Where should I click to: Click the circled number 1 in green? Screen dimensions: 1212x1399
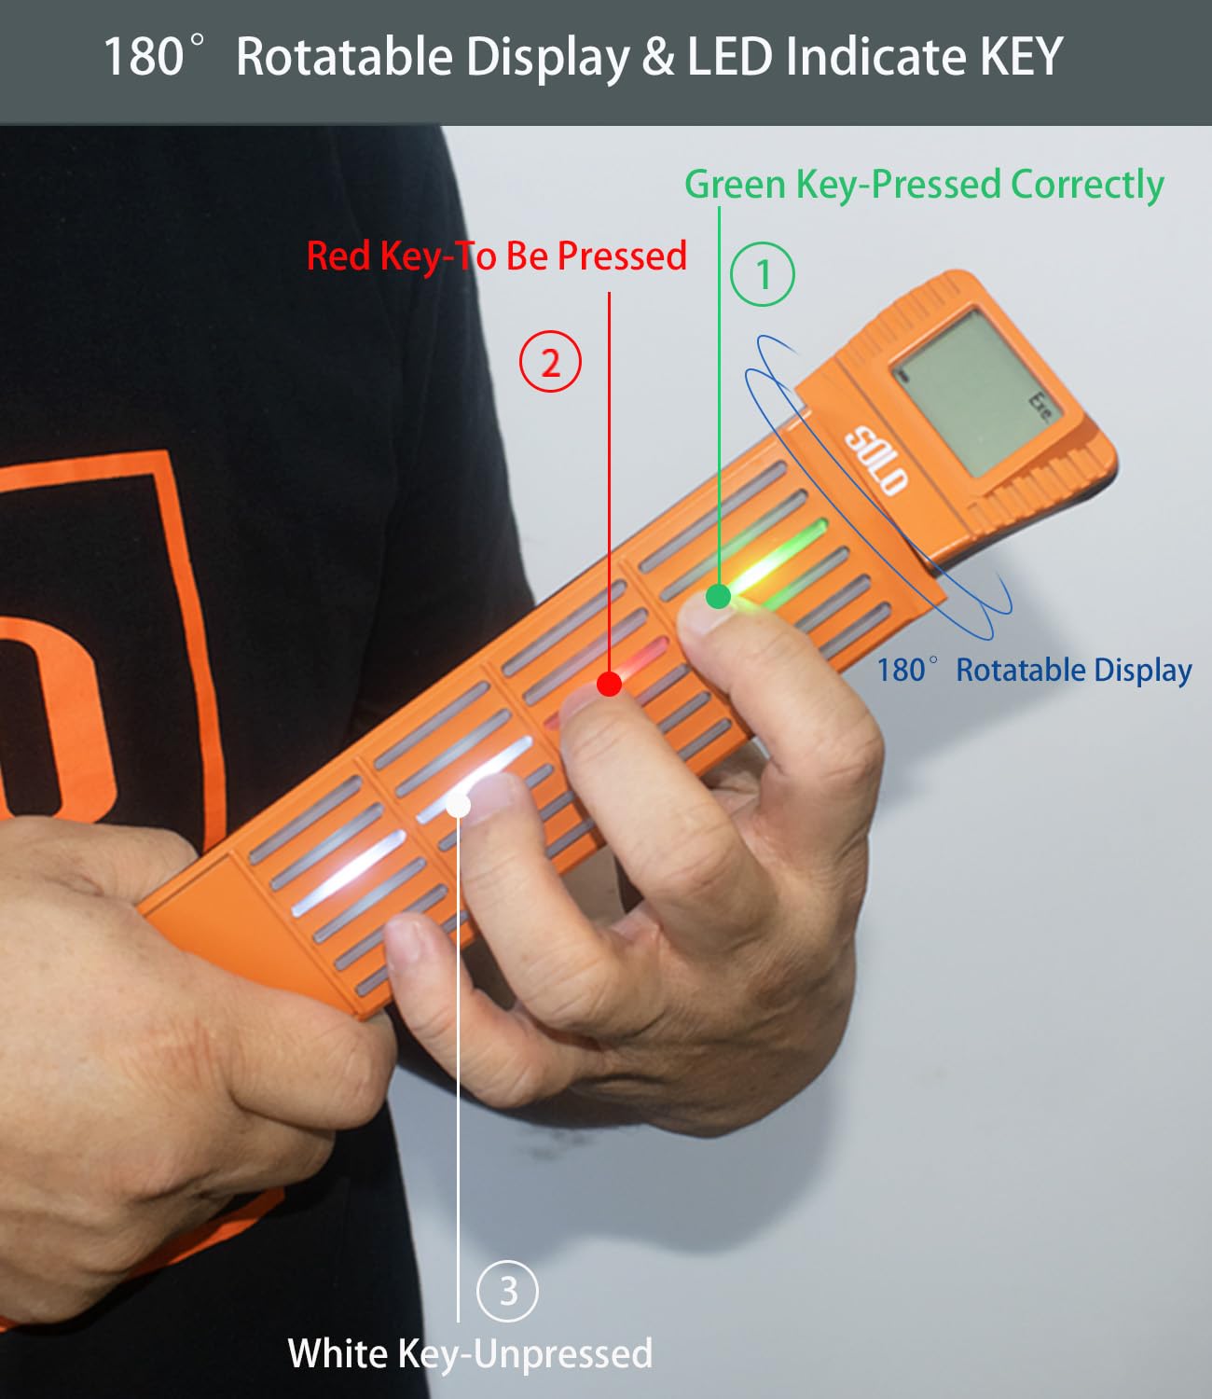coord(763,274)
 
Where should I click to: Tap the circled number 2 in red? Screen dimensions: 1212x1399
coord(550,361)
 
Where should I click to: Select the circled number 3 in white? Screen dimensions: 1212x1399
coord(507,1292)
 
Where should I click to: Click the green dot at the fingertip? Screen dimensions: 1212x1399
coord(718,596)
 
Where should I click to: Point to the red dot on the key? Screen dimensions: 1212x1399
coord(609,685)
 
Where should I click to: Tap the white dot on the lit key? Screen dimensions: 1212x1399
coord(459,806)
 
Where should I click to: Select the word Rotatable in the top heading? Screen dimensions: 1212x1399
coord(344,56)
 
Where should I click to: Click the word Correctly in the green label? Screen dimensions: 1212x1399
coord(1087,185)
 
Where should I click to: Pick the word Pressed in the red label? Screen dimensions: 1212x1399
coord(622,256)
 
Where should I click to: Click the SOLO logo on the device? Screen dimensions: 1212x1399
coord(875,461)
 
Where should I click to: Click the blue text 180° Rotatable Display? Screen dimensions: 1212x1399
coord(1034,670)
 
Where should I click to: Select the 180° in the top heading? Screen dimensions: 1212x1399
coord(153,56)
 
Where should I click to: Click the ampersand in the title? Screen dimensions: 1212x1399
coord(657,56)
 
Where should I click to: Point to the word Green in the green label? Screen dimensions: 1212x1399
coord(735,184)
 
